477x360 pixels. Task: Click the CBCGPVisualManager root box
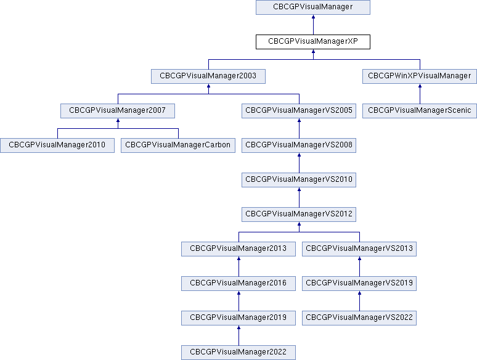tap(313, 7)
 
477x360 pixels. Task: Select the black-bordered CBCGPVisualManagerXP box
tap(313, 42)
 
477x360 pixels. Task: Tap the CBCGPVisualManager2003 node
tap(208, 76)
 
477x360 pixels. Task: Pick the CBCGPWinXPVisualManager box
tap(420, 76)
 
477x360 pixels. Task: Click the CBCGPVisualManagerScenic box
tap(420, 111)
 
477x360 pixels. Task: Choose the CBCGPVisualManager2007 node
tap(118, 111)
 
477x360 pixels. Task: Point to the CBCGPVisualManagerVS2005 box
tap(299, 111)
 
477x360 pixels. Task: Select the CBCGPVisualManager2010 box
tap(57, 145)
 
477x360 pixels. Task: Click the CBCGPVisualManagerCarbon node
tap(178, 145)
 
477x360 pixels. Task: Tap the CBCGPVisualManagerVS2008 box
tap(299, 145)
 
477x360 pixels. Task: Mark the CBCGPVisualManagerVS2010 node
tap(299, 180)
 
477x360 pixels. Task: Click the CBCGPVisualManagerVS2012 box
tap(299, 215)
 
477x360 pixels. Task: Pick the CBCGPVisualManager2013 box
tap(238, 249)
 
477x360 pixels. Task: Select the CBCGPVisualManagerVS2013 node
tap(359, 249)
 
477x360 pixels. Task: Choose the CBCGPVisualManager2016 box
tap(238, 284)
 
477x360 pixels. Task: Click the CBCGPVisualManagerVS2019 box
tap(359, 284)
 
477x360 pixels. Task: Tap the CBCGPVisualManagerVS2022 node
tap(359, 318)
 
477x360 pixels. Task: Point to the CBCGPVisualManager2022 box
tap(238, 353)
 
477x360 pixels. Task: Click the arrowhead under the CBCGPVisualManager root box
tap(313, 17)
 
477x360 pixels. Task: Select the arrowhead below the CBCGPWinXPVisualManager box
tap(420, 86)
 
